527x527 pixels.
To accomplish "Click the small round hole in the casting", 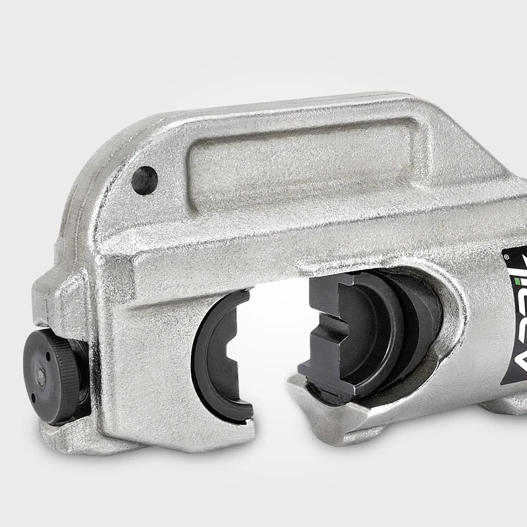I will click(x=145, y=179).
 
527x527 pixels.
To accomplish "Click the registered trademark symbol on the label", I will click(x=507, y=254).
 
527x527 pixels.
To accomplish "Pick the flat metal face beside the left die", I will click(x=152, y=356).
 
